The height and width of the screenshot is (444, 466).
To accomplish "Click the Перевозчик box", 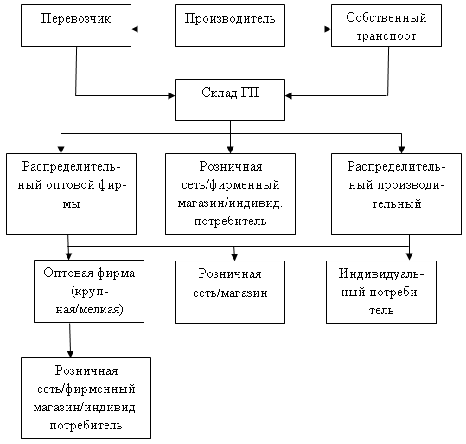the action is pos(76,25).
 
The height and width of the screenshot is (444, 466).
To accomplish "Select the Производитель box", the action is pos(230,25).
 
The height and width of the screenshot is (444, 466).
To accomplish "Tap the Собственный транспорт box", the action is pos(386,25).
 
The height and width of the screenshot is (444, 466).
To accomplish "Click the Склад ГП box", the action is pos(230,100).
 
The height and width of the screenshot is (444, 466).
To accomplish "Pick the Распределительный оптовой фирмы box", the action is pos(71,194).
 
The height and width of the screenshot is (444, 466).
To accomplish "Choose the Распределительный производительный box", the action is pos(396,194).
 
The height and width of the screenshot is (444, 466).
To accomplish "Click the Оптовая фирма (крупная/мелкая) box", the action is pos(89,291).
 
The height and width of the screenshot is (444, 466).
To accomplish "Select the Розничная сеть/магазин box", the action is pos(230,292).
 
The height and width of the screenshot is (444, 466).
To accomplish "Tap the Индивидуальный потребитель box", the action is pos(381,292).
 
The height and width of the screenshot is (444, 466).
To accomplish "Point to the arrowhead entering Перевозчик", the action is pos(135,29).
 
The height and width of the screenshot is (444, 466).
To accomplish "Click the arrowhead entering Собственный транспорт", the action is pos(328,29).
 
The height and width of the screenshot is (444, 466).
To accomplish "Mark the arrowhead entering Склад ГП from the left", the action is pos(171,95).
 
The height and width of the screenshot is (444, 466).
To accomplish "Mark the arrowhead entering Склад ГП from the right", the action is pos(289,95).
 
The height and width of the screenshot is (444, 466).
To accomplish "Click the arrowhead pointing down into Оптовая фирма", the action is pos(69,256).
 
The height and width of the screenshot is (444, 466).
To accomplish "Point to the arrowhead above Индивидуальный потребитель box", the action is pos(409,257).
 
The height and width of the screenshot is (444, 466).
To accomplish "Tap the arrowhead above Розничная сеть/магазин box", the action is pos(234,257).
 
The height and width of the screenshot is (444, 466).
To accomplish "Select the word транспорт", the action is pos(386,36).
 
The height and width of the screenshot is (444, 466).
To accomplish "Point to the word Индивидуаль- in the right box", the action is pos(381,273).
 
